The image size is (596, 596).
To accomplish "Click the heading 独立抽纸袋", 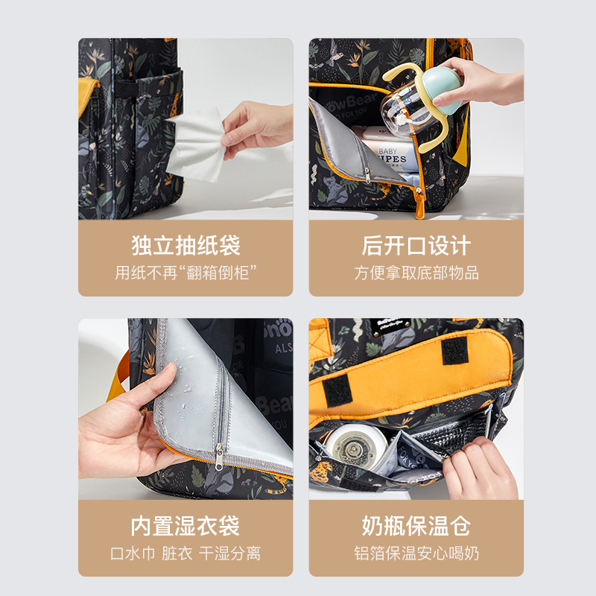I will click(186, 246).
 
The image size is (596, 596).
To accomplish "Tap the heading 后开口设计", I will click(416, 246).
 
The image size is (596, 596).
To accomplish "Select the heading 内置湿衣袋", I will click(186, 526).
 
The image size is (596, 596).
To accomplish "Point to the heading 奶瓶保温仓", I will click(416, 526).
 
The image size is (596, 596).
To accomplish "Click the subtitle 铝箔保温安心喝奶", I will click(416, 554).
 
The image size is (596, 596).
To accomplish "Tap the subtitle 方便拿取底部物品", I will click(416, 273).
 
